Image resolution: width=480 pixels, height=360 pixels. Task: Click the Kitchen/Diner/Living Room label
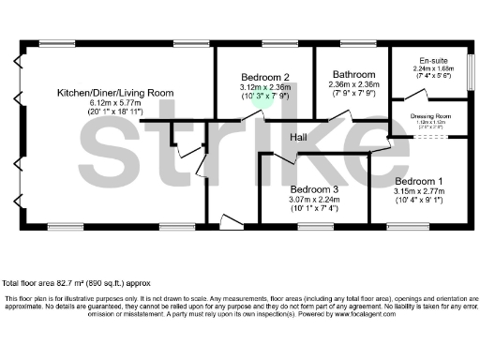click(115, 93)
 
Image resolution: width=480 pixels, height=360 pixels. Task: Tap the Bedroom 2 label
click(264, 77)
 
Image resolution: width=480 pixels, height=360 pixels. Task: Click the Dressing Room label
click(431, 116)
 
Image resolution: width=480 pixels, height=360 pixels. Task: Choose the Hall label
click(298, 139)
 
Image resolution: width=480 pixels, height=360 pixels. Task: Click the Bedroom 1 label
click(419, 180)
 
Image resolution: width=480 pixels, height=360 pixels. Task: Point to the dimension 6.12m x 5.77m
click(115, 104)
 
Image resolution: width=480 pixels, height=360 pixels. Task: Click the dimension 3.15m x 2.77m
click(419, 190)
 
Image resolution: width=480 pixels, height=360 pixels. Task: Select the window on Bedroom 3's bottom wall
click(312, 225)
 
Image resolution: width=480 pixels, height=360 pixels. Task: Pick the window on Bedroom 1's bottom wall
click(406, 225)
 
